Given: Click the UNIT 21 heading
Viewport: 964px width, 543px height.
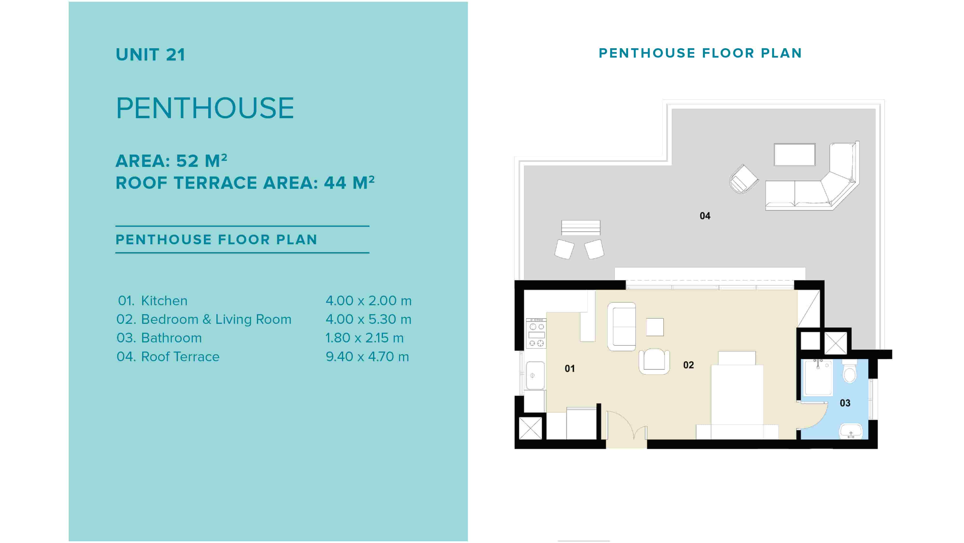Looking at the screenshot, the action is (x=150, y=55).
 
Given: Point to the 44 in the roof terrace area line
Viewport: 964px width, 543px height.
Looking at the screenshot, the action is (x=335, y=183).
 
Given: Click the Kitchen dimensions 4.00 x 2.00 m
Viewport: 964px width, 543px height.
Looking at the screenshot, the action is (x=369, y=301).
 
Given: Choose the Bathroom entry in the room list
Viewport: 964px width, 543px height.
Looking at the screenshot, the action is (x=159, y=338).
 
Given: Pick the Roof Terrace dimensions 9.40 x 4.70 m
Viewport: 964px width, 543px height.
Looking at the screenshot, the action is (x=367, y=357).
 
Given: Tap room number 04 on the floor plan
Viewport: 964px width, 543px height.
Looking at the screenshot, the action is (x=705, y=216).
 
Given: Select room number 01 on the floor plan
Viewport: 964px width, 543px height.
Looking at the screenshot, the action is (x=569, y=368).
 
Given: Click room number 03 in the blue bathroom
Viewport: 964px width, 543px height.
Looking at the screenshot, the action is (x=845, y=403).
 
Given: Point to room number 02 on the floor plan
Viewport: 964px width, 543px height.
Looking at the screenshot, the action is (x=689, y=365).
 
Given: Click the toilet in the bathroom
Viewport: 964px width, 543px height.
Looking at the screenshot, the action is (x=850, y=371).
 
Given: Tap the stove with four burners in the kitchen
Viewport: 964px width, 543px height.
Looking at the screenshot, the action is (x=536, y=333).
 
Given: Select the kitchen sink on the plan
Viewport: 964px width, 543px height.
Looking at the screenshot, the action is (x=535, y=375).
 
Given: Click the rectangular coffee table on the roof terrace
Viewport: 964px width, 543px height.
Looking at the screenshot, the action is (x=795, y=154).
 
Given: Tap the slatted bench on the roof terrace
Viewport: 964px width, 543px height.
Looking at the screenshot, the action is (x=581, y=228).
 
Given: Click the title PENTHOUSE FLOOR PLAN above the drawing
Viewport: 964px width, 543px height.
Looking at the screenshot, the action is (x=700, y=53).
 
